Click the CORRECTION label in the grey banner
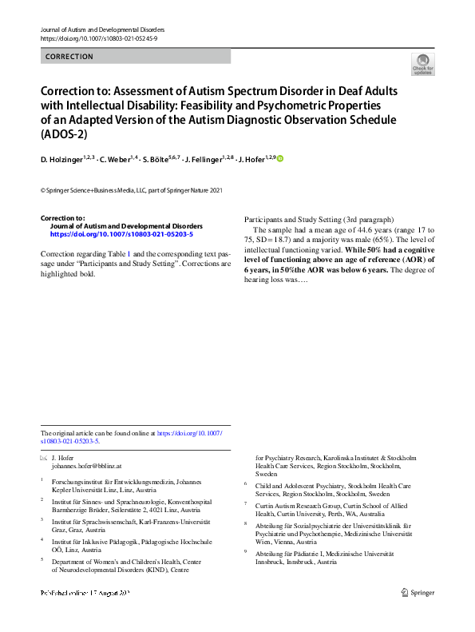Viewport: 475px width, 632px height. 69,57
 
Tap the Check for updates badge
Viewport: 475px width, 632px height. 422,64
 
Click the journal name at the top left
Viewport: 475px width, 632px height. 97,30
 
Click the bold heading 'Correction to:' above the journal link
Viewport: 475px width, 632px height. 62,217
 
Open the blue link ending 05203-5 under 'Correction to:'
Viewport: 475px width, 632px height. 121,235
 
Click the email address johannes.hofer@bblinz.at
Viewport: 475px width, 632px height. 86,464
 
